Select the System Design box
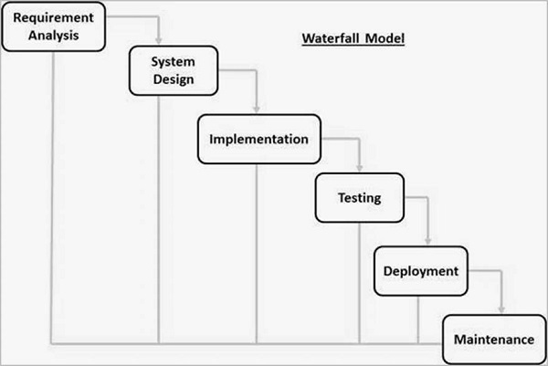[x=174, y=70]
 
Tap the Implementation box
[x=259, y=140]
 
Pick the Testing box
[x=359, y=197]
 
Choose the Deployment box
[x=420, y=271]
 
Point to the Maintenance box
[x=493, y=339]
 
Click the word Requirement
[x=53, y=17]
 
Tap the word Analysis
[x=53, y=36]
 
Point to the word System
[x=174, y=61]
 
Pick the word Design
[x=174, y=79]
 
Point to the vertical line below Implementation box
[x=256, y=256]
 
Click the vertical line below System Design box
[x=160, y=219]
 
